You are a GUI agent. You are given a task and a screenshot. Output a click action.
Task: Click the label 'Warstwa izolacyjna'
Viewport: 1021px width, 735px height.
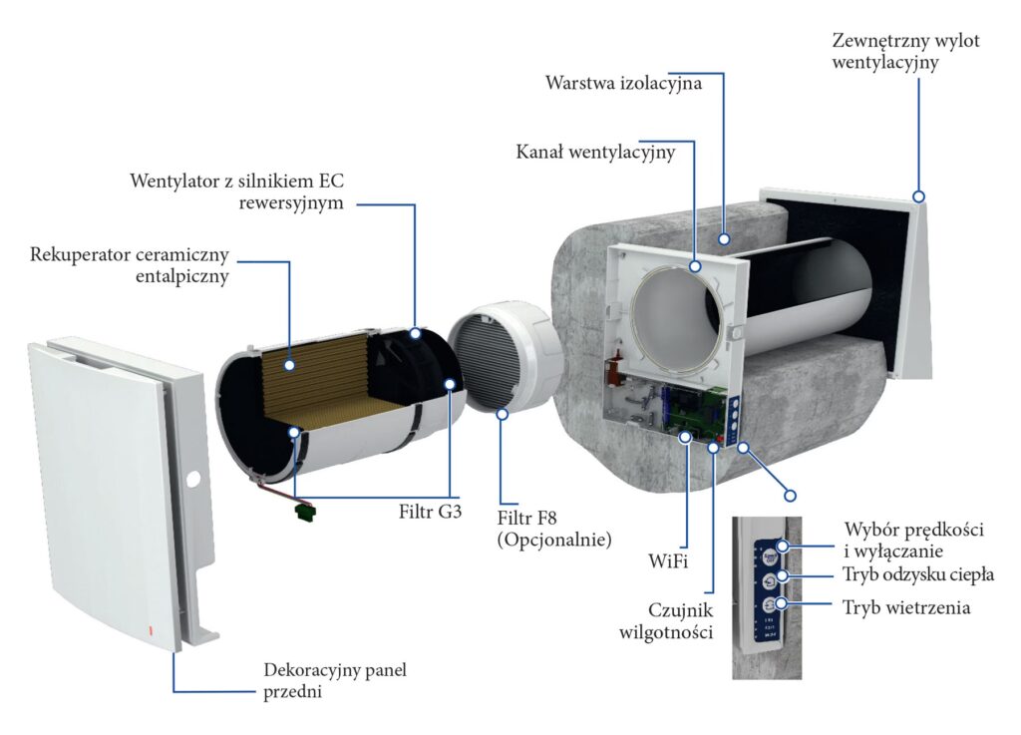(623, 83)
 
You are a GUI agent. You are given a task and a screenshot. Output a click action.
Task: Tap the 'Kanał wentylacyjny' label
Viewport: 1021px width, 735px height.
(595, 153)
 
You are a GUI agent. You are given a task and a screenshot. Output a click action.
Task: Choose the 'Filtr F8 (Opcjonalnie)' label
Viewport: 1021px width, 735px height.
(553, 529)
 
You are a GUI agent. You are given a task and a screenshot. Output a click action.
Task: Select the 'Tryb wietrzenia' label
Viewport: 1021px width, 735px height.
(905, 607)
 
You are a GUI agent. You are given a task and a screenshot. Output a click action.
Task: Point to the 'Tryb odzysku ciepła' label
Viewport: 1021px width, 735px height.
(918, 574)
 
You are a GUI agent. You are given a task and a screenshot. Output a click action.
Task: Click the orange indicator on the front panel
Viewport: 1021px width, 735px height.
(152, 630)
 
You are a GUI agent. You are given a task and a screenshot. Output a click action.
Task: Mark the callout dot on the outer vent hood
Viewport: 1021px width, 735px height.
(918, 196)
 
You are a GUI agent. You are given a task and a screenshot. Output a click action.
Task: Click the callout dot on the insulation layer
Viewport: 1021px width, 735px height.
(726, 240)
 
